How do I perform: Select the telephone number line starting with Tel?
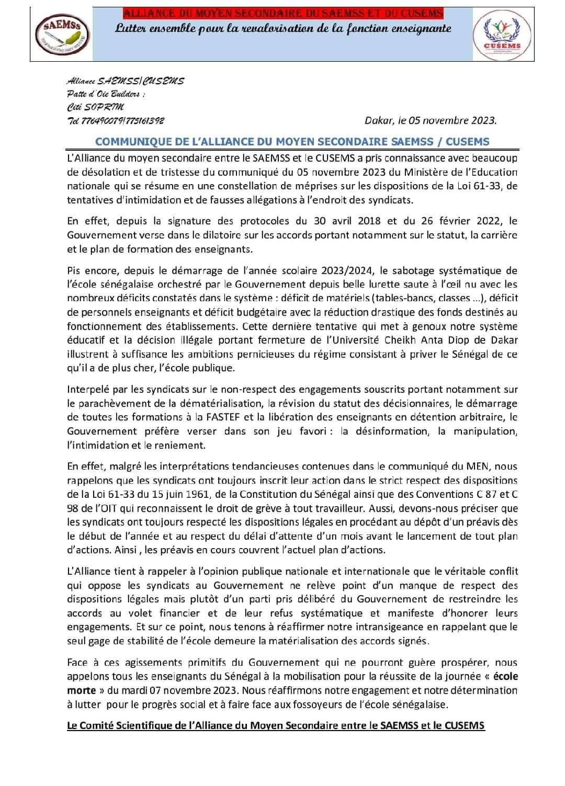click(x=116, y=121)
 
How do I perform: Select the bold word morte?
click(x=81, y=690)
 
